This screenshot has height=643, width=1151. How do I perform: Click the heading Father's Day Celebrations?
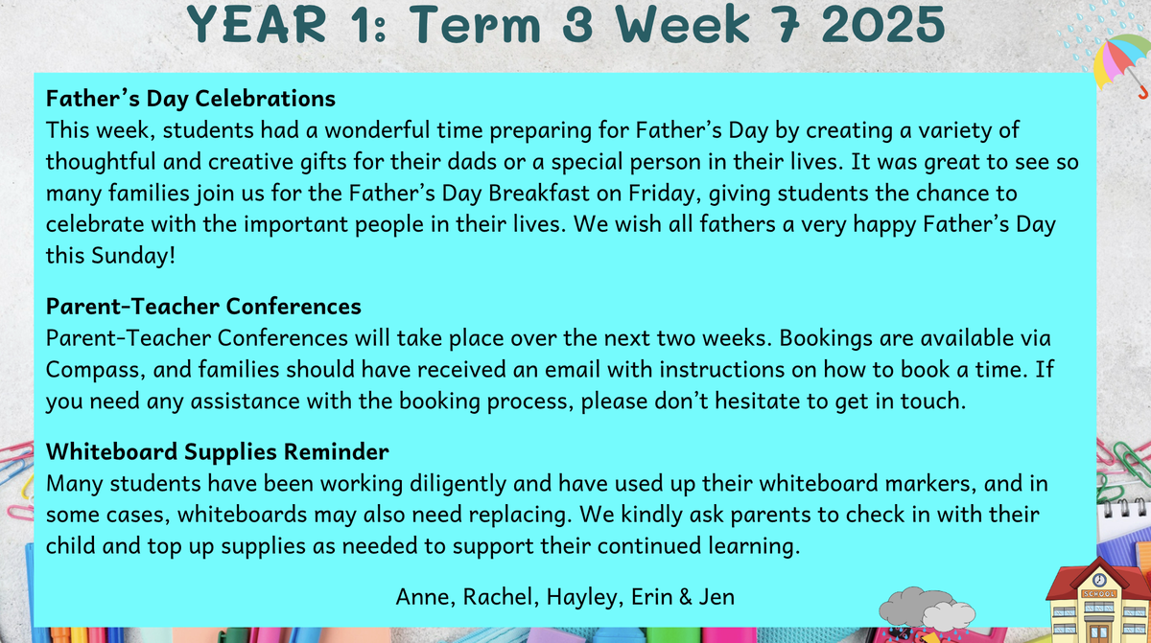coord(191,99)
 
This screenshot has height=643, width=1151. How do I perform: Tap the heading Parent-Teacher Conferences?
coord(203,307)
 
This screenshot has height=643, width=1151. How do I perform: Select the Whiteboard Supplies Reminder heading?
coord(218,451)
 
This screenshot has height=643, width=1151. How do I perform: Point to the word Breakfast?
coord(538,194)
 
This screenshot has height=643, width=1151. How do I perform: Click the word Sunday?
coord(133,256)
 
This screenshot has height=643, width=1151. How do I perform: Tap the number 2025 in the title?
coord(883,24)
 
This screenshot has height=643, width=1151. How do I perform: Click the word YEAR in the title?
coord(256,24)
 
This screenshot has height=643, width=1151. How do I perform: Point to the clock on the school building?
coord(1099,580)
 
